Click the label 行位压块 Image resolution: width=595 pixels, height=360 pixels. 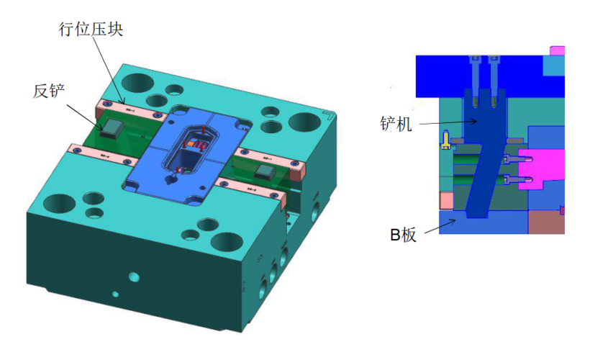pyautogui.click(x=91, y=30)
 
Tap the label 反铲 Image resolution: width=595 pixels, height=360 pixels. pyautogui.click(x=49, y=91)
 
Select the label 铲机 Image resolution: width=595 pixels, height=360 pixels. pyautogui.click(x=396, y=124)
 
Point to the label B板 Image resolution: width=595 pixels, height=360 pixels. pyautogui.click(x=404, y=235)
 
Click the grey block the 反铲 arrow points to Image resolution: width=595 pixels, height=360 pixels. pyautogui.click(x=112, y=128)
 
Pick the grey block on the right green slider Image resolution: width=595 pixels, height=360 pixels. pyautogui.click(x=265, y=171)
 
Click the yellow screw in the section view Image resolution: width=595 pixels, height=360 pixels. pyautogui.click(x=446, y=140)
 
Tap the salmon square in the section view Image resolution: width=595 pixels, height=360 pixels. pyautogui.click(x=446, y=200)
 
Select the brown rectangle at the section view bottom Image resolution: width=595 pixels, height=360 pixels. pyautogui.click(x=546, y=222)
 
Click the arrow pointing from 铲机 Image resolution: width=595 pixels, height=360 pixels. pyautogui.click(x=448, y=122)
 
